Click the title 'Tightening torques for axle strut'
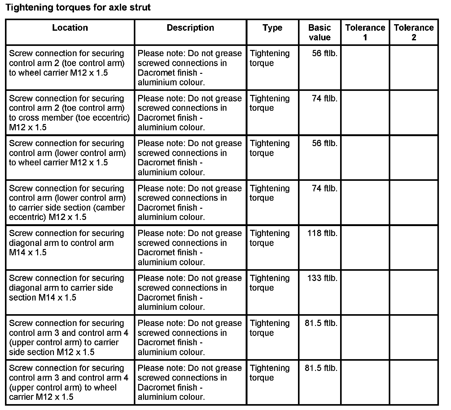(x=78, y=7)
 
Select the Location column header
(x=70, y=28)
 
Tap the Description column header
(x=190, y=28)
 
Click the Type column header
(x=272, y=28)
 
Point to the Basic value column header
(x=319, y=33)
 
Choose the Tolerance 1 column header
(x=365, y=33)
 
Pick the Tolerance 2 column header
(x=414, y=33)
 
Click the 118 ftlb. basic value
(x=322, y=233)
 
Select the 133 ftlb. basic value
(x=322, y=278)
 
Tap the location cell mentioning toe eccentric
(x=69, y=113)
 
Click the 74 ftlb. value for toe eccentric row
(x=325, y=99)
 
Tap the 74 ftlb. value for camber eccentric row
(x=325, y=189)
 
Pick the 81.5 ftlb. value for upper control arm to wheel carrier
(x=321, y=368)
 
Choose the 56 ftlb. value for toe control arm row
(x=325, y=53)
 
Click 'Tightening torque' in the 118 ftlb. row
(x=269, y=238)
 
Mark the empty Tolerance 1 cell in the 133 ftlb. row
(x=365, y=292)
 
